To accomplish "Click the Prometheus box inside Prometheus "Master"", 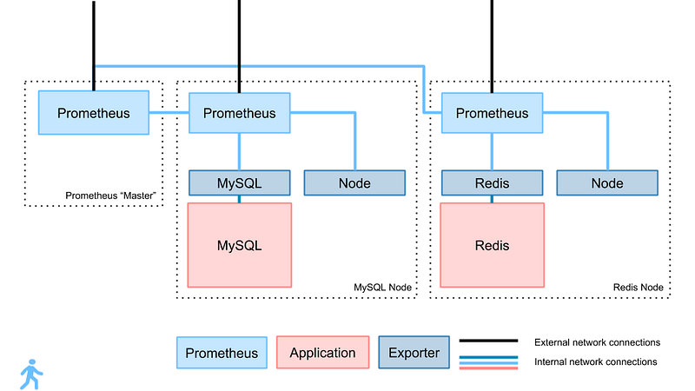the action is pyautogui.click(x=94, y=113).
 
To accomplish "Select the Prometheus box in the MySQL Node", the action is pyautogui.click(x=240, y=113).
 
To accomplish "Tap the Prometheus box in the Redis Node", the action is pyautogui.click(x=492, y=113).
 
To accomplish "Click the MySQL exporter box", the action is pyautogui.click(x=240, y=182).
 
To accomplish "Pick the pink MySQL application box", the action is pyautogui.click(x=240, y=245).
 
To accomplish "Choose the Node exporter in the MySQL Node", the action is pyautogui.click(x=354, y=182).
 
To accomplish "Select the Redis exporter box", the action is pyautogui.click(x=492, y=182).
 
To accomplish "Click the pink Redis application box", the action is pyautogui.click(x=492, y=245).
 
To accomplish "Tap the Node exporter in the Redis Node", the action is pyautogui.click(x=607, y=182).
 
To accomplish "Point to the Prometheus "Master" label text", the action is pyautogui.click(x=111, y=195).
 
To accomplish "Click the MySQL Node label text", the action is pyautogui.click(x=382, y=288).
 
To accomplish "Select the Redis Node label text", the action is pyautogui.click(x=639, y=288).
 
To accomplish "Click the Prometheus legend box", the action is pyautogui.click(x=222, y=353).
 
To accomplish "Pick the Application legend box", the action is pyautogui.click(x=322, y=353).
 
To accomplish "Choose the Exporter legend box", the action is pyautogui.click(x=414, y=353).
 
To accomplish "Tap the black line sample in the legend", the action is pyautogui.click(x=488, y=341).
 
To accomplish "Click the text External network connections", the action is pyautogui.click(x=597, y=342).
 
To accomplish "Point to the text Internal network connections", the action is pyautogui.click(x=596, y=361).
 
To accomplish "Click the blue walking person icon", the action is pyautogui.click(x=31, y=374).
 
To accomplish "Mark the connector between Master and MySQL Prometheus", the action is pyautogui.click(x=169, y=113).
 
